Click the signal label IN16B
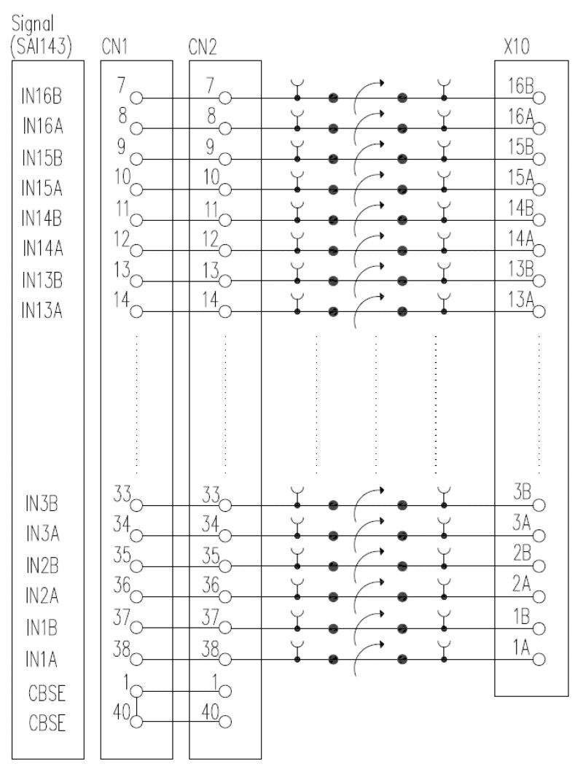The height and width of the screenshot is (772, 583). click(x=42, y=96)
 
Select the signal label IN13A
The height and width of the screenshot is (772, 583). click(x=42, y=310)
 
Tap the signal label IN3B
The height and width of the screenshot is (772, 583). click(x=42, y=504)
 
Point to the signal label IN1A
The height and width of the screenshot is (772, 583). click(x=42, y=659)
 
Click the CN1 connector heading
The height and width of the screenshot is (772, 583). click(x=114, y=47)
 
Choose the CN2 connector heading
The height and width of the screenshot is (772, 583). click(x=202, y=47)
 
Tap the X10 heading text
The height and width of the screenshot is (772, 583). click(x=517, y=47)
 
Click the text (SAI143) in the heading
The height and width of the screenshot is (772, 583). click(x=42, y=47)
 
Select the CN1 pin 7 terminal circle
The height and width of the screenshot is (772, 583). click(x=136, y=98)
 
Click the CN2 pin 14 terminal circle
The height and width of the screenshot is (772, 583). click(x=225, y=312)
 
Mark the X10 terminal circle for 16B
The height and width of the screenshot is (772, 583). click(x=539, y=98)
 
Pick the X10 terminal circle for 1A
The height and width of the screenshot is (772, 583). click(x=539, y=659)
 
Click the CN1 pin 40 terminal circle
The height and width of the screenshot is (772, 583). click(x=136, y=722)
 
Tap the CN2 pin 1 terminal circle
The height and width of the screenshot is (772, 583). click(x=225, y=691)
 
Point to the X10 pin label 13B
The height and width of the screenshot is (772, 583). click(x=520, y=269)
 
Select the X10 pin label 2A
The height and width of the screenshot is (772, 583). click(x=522, y=584)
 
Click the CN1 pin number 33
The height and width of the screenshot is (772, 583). click(x=122, y=494)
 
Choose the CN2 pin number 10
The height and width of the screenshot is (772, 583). click(x=211, y=177)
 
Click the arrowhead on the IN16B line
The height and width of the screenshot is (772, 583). click(x=381, y=82)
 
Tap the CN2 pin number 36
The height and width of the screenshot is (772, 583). click(x=211, y=585)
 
